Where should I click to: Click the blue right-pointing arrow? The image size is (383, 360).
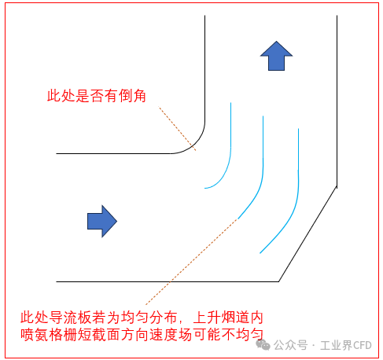point(102,222)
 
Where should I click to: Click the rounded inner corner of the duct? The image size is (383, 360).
point(197,143)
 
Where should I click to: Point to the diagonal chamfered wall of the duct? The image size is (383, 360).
point(308,234)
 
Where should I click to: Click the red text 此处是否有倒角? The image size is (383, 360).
point(96,96)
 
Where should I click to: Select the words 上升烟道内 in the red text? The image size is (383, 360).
point(228,318)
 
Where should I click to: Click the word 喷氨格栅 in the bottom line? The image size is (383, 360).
point(49,335)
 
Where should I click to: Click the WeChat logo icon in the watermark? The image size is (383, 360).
point(263,345)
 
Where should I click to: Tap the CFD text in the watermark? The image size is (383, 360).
point(362,345)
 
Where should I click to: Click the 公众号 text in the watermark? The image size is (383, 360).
point(290,345)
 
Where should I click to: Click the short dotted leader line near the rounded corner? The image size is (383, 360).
point(177,128)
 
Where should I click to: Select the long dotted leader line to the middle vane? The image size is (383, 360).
point(191,262)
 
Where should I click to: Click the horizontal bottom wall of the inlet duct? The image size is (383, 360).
point(168,281)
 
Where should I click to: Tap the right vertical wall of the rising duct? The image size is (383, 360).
point(337,101)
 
